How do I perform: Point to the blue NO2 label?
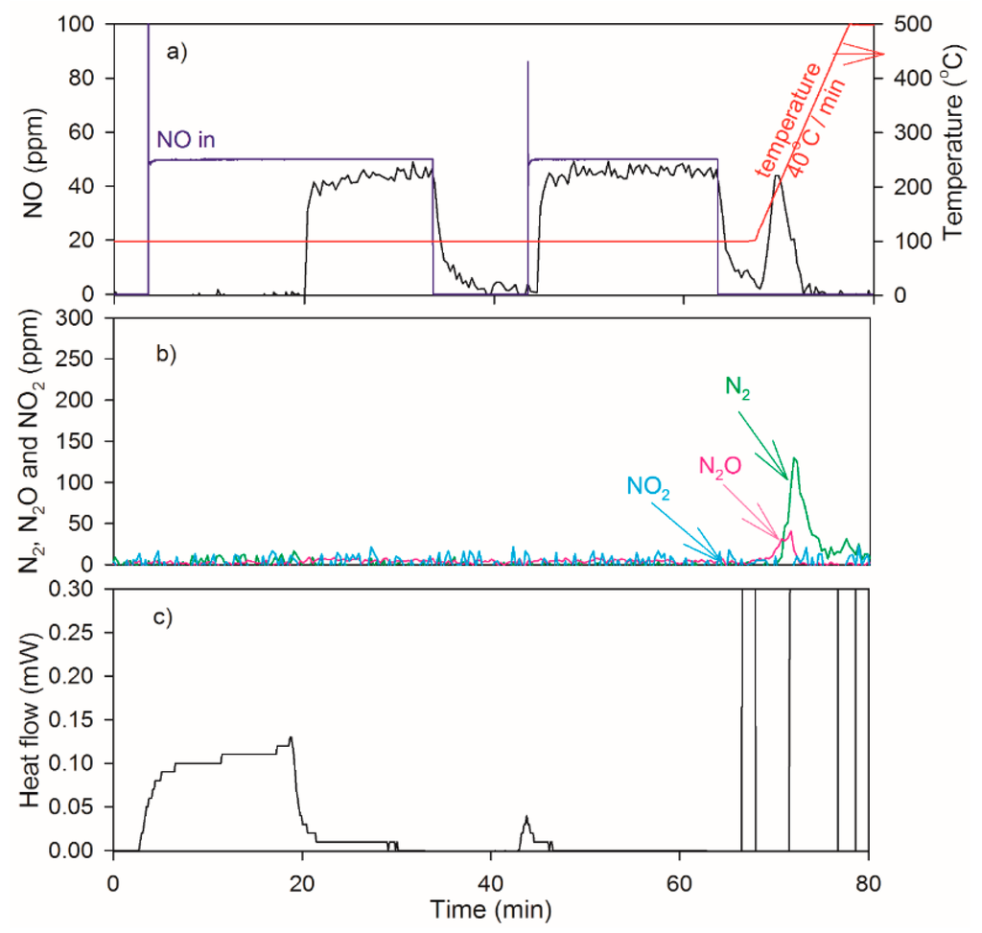tap(648, 486)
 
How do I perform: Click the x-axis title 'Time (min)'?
tap(490, 907)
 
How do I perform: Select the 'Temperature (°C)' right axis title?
tap(953, 159)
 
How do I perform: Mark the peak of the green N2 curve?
tap(795, 458)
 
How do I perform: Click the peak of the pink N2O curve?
tap(787, 533)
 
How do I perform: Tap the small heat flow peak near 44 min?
tap(526, 816)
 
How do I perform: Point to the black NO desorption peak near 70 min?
tap(778, 176)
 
